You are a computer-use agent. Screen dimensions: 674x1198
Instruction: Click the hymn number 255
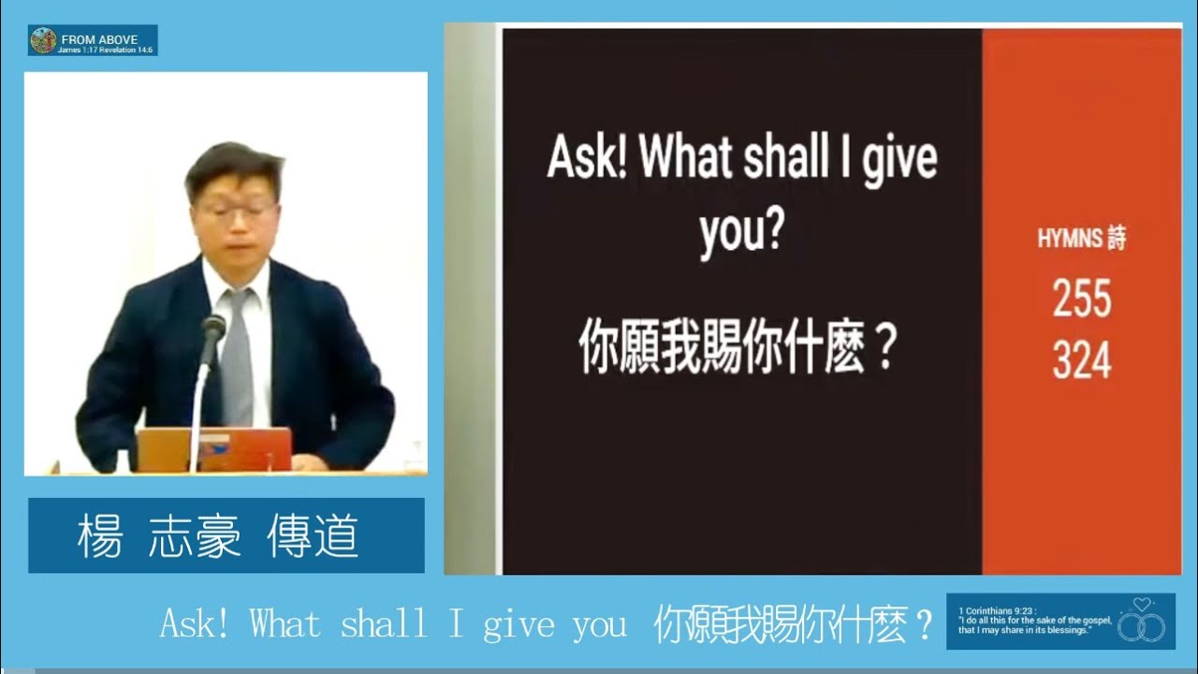(1081, 299)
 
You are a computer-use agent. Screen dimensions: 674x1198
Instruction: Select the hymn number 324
(1081, 360)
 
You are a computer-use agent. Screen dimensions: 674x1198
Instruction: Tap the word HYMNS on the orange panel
(1069, 239)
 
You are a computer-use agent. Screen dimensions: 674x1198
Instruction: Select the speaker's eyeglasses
(236, 212)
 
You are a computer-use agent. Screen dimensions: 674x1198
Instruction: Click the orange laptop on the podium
(214, 449)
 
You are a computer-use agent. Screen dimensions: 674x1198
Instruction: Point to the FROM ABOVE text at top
(99, 39)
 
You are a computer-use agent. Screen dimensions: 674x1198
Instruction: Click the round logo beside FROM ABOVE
(43, 40)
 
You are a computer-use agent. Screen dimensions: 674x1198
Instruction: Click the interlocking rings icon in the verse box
(1142, 624)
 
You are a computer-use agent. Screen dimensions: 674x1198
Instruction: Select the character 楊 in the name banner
(100, 536)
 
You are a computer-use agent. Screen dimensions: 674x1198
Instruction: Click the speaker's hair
(234, 164)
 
